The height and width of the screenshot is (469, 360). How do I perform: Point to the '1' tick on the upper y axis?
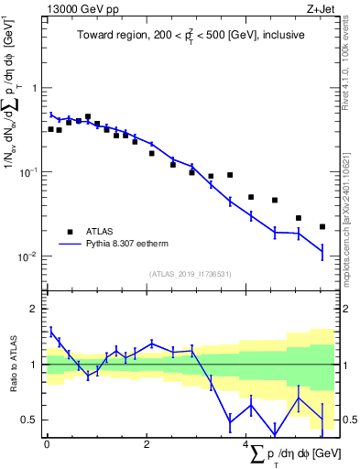coord(34,88)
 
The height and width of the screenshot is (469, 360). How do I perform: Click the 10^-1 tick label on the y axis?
coord(27,172)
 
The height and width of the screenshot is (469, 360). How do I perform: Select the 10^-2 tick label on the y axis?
coord(27,256)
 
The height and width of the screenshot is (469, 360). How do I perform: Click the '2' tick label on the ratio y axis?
coord(34,310)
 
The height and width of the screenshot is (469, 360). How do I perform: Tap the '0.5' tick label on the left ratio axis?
coord(29,420)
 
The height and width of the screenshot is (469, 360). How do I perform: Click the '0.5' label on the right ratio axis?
coord(347,420)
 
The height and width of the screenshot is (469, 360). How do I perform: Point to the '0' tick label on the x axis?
coord(47,444)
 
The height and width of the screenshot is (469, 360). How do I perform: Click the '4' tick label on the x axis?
coord(245,444)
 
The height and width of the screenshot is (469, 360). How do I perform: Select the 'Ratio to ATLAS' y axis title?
coord(12,364)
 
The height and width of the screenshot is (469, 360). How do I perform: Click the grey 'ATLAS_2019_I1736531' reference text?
coord(189,274)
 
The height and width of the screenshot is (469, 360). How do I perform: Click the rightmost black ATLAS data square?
coord(322,226)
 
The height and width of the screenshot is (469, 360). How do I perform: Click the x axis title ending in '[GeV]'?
coord(290,455)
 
